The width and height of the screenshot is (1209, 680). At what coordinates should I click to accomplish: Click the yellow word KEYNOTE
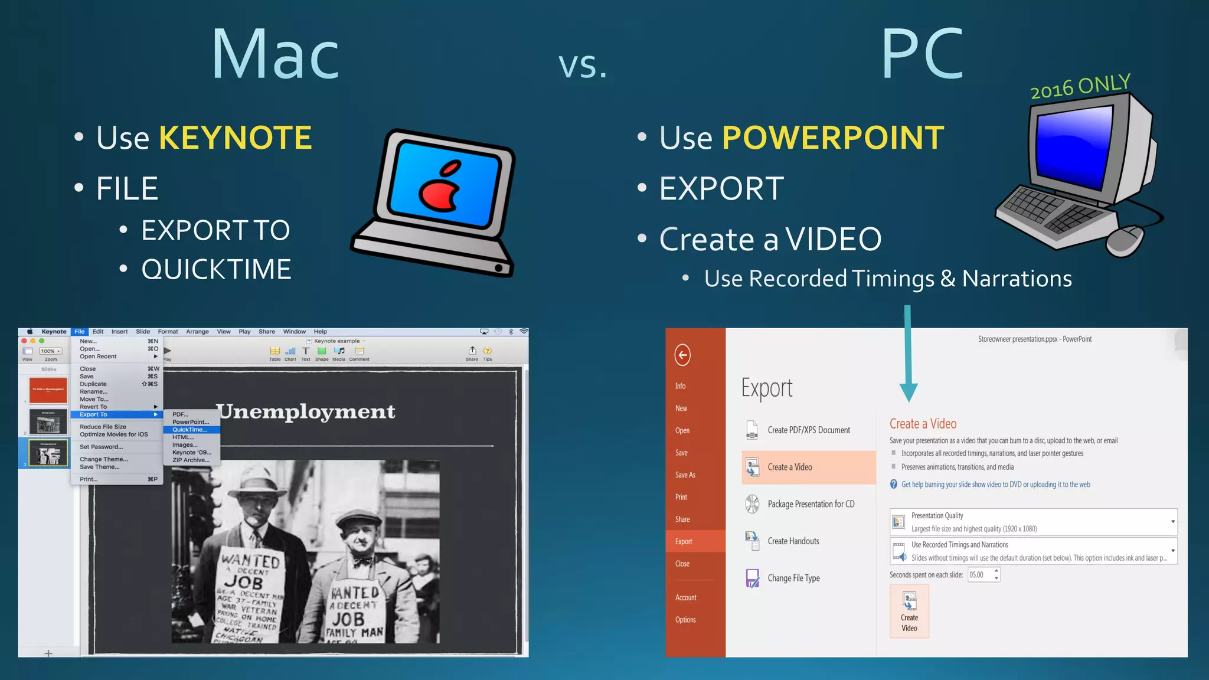pos(235,138)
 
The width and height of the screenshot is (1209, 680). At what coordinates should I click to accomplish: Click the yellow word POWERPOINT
pos(832,138)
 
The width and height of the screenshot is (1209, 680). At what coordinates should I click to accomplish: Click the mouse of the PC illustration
pos(1124,241)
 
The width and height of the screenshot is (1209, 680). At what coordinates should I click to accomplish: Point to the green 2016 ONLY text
pos(1080,86)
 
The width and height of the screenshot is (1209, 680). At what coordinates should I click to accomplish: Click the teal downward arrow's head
pos(908,392)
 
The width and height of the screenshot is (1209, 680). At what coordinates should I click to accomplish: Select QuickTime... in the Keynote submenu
pos(190,430)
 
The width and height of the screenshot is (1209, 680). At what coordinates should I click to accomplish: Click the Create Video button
pos(909,612)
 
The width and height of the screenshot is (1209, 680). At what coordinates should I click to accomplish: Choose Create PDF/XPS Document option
pos(808,430)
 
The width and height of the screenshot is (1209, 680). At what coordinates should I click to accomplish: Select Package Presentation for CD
pos(811,504)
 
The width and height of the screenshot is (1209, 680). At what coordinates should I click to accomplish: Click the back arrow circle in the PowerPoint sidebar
pos(682,355)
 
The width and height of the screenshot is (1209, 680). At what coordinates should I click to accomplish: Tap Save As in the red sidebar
pos(685,475)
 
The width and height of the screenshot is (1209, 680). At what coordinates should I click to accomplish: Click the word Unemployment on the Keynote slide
pos(306,411)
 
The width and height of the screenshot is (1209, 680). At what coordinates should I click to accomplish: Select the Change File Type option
pos(793,578)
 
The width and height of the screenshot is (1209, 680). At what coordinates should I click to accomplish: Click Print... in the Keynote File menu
pos(89,479)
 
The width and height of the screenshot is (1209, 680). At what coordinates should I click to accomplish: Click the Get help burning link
pos(995,485)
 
